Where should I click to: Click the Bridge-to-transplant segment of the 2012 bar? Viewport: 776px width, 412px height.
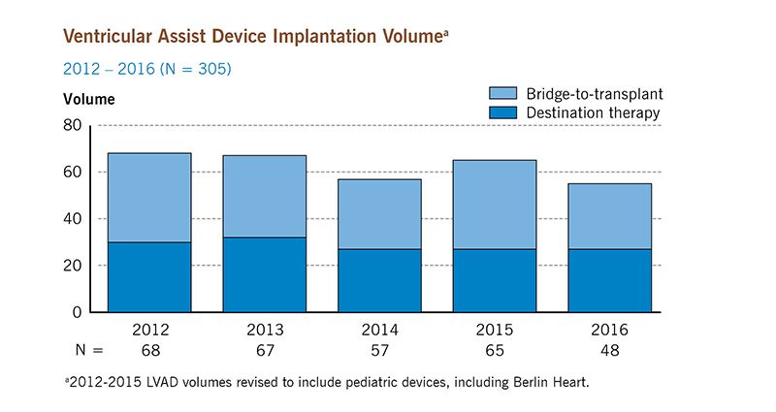pyautogui.click(x=148, y=198)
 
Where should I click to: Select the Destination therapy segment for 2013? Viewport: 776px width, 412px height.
pyautogui.click(x=264, y=274)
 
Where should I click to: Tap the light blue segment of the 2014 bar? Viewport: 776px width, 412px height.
pyautogui.click(x=379, y=214)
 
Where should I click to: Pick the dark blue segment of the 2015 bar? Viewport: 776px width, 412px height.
pyautogui.click(x=495, y=280)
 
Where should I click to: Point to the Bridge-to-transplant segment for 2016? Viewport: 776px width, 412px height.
pyautogui.click(x=610, y=216)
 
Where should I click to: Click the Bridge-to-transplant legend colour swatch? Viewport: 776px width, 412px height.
pyautogui.click(x=501, y=93)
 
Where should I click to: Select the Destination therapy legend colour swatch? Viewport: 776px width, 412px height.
pyautogui.click(x=501, y=112)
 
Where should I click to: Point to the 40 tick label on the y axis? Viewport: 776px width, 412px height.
pyautogui.click(x=72, y=219)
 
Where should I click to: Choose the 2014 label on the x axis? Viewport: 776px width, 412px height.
pyautogui.click(x=379, y=329)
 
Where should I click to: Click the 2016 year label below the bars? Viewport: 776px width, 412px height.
pyautogui.click(x=610, y=329)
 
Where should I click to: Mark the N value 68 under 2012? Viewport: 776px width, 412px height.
pyautogui.click(x=148, y=347)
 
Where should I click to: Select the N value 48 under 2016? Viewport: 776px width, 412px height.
pyautogui.click(x=610, y=347)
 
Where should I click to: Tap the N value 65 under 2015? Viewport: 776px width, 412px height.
pyautogui.click(x=495, y=347)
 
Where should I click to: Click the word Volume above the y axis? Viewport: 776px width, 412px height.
pyautogui.click(x=89, y=99)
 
